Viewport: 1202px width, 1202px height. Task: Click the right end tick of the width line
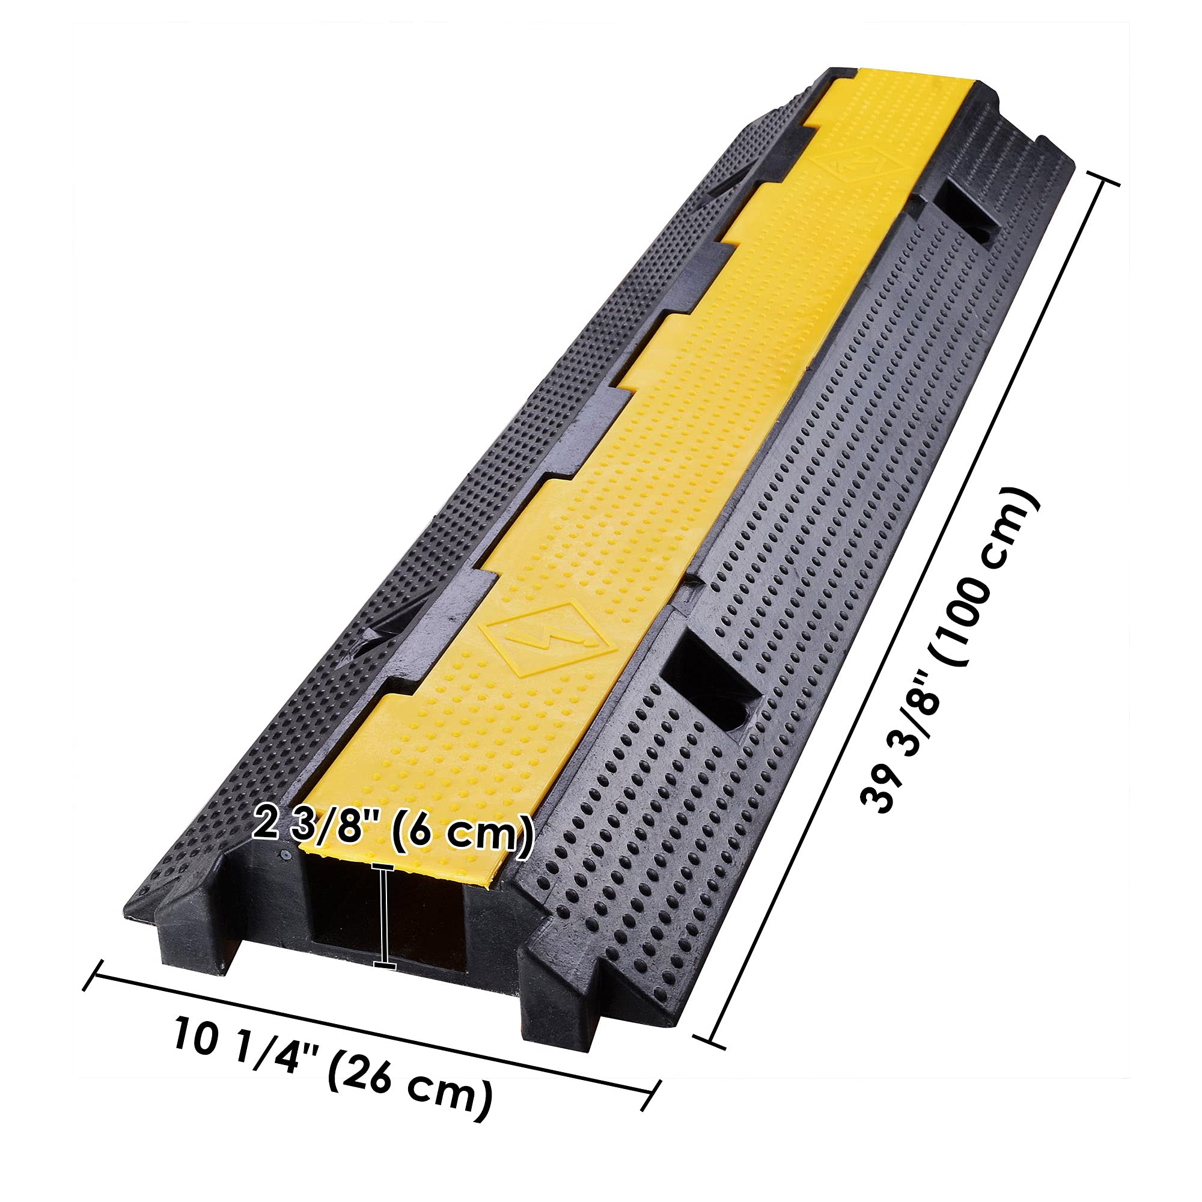651,1104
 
